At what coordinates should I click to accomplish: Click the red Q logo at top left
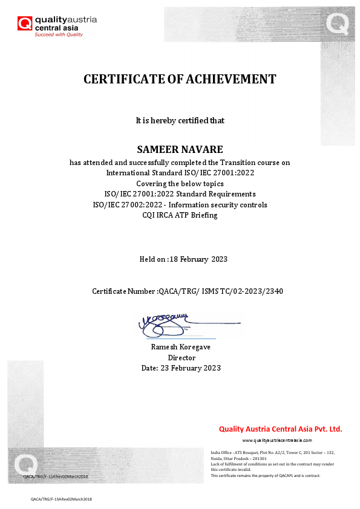tap(25, 24)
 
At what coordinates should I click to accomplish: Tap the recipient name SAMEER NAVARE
tap(180, 149)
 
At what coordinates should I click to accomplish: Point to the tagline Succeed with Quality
tap(59, 34)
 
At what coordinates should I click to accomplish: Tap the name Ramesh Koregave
tap(180, 348)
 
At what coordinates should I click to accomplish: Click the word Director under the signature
tap(180, 358)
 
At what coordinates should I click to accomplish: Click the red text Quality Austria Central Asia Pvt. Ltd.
tap(280, 429)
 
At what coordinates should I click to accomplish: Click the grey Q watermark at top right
tap(337, 24)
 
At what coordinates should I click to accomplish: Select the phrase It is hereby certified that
tap(180, 121)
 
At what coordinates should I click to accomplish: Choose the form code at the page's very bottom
tap(61, 499)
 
